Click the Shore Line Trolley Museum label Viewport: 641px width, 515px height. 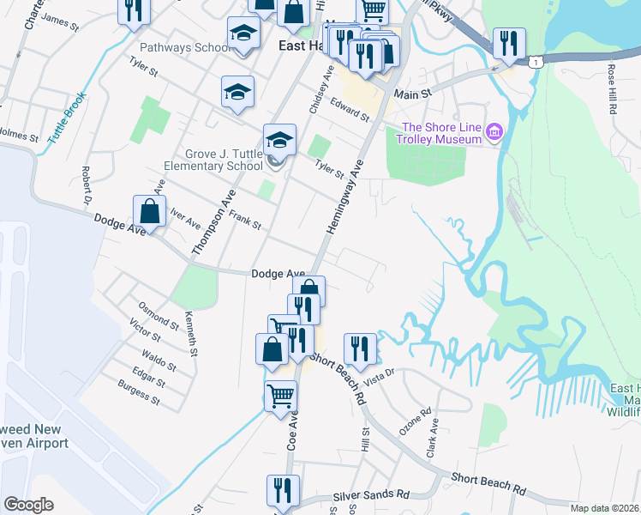(x=440, y=132)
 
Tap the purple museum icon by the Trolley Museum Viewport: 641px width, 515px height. (x=494, y=132)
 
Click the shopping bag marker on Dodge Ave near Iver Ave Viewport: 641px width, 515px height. (x=149, y=212)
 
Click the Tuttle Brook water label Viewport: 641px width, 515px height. (x=68, y=117)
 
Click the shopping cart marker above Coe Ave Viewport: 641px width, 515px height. (x=280, y=397)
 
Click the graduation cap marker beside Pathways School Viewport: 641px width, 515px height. (x=243, y=35)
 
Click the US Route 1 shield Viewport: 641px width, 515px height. (x=536, y=63)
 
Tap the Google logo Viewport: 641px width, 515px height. (x=28, y=504)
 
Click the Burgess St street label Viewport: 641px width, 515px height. (x=139, y=395)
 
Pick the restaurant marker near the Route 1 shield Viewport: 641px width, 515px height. (x=508, y=43)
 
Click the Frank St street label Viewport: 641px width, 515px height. (x=244, y=223)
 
